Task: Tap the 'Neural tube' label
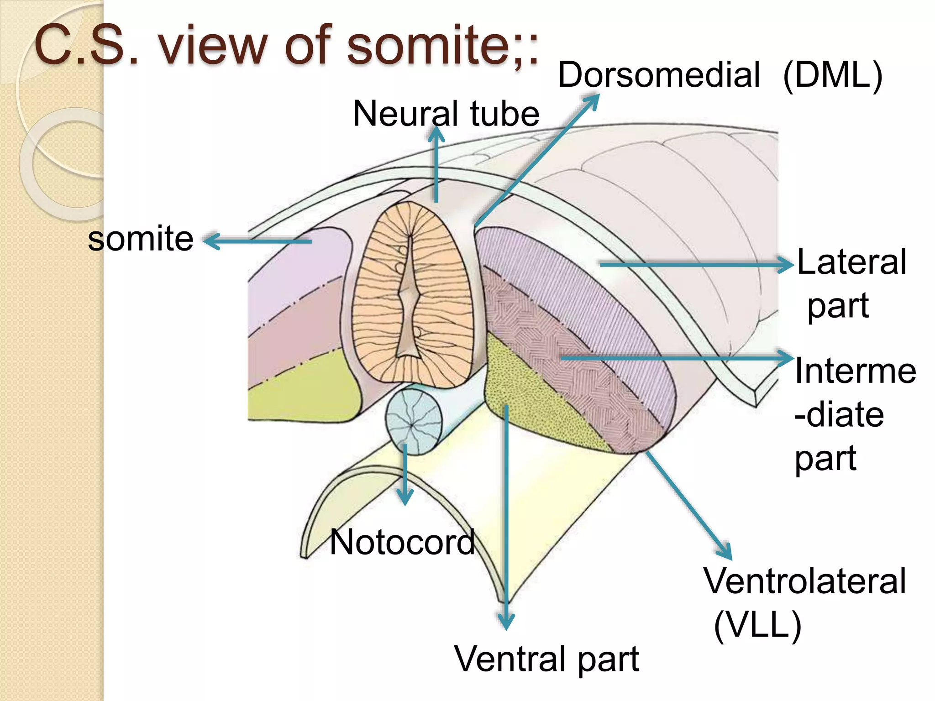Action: (x=446, y=114)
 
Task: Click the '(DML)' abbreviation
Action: (x=833, y=76)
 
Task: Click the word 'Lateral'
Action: (x=851, y=262)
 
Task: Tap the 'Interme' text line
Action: (x=855, y=370)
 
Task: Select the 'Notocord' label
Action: (x=402, y=542)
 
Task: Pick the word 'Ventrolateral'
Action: (x=804, y=581)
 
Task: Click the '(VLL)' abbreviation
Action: (x=757, y=626)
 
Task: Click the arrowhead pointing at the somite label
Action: (x=211, y=241)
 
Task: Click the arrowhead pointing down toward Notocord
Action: (x=405, y=497)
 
